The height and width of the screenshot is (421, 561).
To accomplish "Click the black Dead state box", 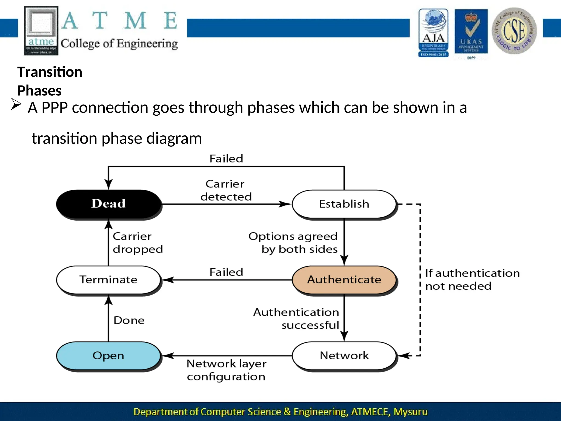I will click(x=108, y=204).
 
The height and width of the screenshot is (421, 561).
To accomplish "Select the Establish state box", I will click(x=344, y=204).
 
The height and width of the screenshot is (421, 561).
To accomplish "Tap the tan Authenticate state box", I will click(x=344, y=280).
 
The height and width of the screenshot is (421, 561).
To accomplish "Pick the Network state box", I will click(x=344, y=355).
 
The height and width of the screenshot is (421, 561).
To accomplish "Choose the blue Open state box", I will click(x=108, y=355).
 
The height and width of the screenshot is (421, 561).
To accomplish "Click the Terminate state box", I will click(x=108, y=280).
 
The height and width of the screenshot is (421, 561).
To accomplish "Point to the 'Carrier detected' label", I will click(x=226, y=190).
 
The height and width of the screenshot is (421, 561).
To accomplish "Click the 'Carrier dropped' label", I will click(x=138, y=243).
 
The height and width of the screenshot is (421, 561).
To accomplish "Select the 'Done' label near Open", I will click(x=129, y=320).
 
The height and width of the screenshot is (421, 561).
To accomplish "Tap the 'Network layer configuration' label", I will click(x=226, y=370).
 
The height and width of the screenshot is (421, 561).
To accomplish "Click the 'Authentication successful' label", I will click(x=296, y=318).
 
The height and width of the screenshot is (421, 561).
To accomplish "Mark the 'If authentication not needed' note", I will click(x=472, y=280).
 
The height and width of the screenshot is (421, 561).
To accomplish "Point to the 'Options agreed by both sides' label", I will click(x=293, y=243).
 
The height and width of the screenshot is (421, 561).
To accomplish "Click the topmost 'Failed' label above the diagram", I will click(x=226, y=159).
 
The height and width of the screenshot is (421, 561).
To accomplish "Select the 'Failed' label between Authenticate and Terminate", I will click(x=226, y=272).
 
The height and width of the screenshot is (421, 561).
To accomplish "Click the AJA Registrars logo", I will click(x=433, y=33).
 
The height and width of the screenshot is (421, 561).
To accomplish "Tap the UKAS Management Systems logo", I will click(x=471, y=33).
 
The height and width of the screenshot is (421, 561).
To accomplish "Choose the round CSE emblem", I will click(x=514, y=31).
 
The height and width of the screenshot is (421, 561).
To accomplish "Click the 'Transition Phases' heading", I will click(x=50, y=81).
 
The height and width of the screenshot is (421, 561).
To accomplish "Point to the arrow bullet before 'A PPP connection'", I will click(x=16, y=104).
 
